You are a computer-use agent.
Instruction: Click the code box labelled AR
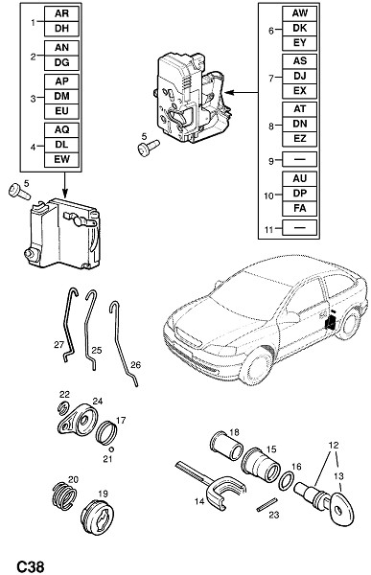click(x=61, y=14)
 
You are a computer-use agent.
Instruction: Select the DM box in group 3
click(x=61, y=96)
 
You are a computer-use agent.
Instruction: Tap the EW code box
click(x=61, y=159)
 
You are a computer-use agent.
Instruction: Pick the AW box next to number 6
click(x=299, y=13)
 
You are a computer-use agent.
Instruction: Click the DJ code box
click(x=299, y=77)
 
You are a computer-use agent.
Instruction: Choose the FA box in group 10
click(x=299, y=208)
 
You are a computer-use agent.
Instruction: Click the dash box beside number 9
click(x=299, y=159)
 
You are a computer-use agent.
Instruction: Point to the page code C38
click(x=31, y=566)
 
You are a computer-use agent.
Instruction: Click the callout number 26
click(x=135, y=365)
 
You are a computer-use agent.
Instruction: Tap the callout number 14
click(x=199, y=501)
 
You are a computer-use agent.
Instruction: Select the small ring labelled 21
click(x=111, y=449)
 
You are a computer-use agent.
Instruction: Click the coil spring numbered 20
click(x=64, y=495)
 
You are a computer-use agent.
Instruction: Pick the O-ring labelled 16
click(x=287, y=481)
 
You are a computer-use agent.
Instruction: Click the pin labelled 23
click(x=267, y=503)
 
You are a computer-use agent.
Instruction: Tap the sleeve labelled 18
click(x=227, y=445)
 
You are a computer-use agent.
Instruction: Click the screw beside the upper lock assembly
click(x=148, y=149)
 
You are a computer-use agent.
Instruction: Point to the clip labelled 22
click(x=64, y=407)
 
